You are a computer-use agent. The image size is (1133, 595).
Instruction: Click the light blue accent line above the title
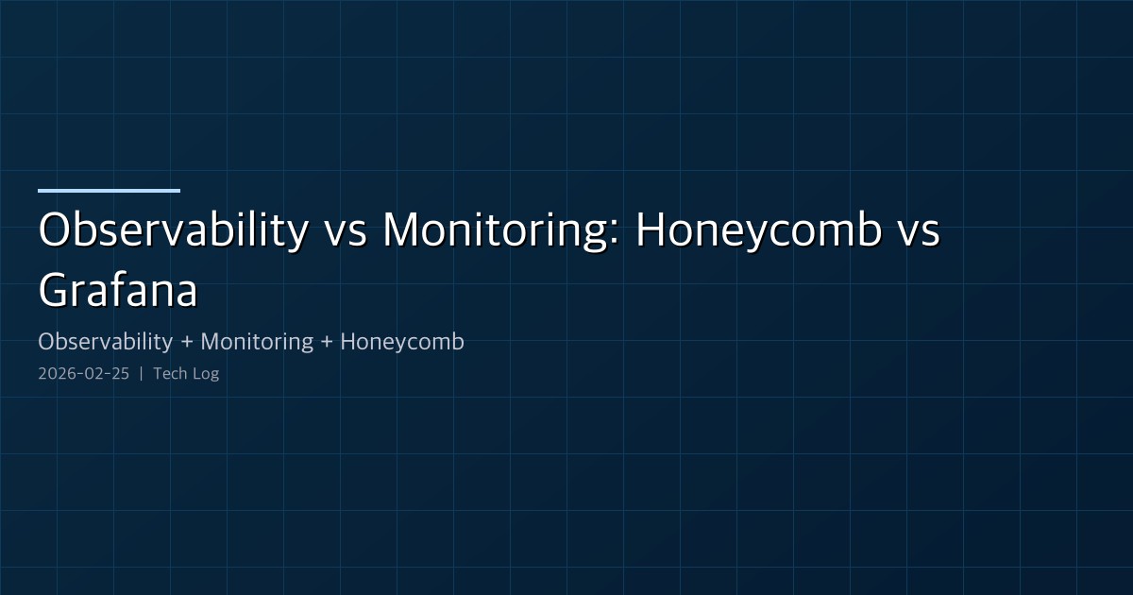[109, 191]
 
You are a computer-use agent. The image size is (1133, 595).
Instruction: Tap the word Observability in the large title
[173, 231]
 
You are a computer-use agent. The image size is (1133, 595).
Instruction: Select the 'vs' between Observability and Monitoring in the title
[344, 233]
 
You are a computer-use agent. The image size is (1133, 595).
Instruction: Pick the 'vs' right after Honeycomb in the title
[917, 233]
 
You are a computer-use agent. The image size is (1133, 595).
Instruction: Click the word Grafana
[118, 291]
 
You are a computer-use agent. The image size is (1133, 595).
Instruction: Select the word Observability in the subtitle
[106, 342]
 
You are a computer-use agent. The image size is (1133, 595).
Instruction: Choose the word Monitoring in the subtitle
[257, 342]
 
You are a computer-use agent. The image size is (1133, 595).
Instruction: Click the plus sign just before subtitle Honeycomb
[327, 343]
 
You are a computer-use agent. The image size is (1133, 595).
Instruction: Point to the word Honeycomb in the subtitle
[402, 342]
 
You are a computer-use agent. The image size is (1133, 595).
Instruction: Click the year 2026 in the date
[55, 374]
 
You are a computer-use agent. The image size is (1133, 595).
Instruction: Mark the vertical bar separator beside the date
[141, 374]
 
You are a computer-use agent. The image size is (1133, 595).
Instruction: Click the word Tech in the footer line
[170, 374]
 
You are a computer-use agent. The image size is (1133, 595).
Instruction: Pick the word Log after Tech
[205, 374]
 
